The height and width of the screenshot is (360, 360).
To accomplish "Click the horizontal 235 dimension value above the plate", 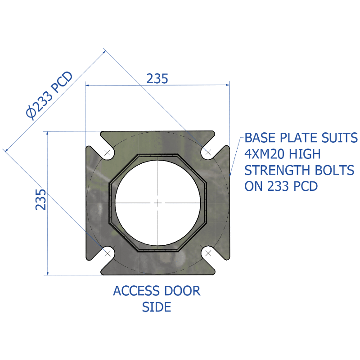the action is point(157,78).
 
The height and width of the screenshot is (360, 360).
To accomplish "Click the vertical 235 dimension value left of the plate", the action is point(40,199).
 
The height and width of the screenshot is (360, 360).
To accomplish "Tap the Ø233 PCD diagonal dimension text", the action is point(49,95).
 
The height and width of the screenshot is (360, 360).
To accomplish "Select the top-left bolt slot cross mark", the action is point(108,153).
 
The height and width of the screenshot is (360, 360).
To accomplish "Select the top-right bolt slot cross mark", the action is point(208,152).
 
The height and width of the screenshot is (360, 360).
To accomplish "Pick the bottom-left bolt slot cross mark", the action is point(108,253).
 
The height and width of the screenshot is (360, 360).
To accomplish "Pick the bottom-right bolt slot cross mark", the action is point(208,253).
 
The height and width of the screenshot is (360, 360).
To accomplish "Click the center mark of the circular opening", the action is point(158,203).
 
